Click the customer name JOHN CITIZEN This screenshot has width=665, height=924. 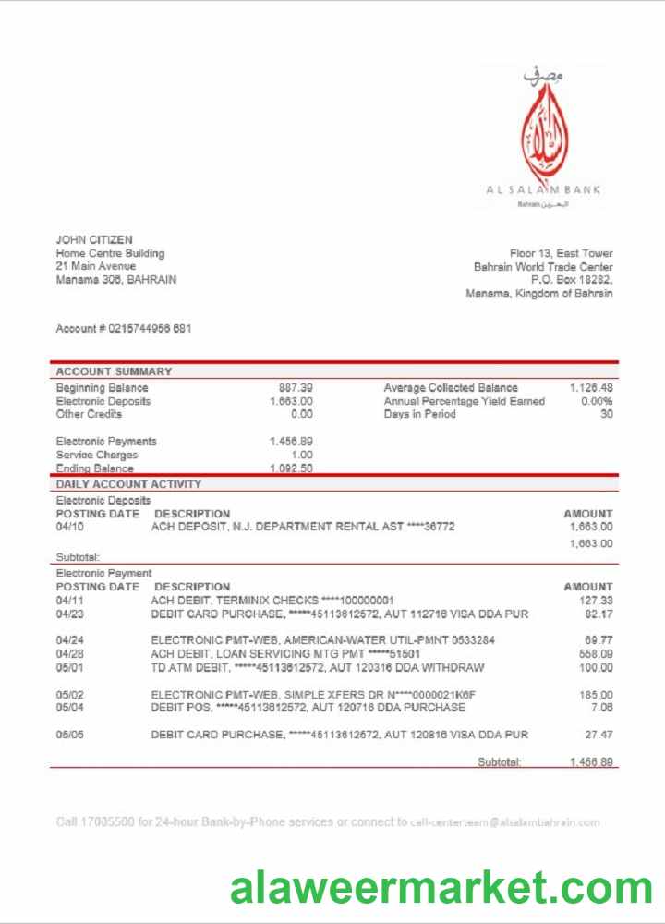[94, 240]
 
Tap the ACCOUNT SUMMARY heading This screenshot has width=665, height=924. [114, 371]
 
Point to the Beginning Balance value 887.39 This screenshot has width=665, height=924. [296, 388]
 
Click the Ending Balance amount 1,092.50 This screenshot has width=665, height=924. [291, 468]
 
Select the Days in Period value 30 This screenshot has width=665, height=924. [606, 415]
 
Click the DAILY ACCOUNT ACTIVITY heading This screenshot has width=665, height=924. [128, 484]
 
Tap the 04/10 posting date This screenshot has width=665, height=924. [69, 527]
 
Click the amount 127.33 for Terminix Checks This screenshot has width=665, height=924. [596, 600]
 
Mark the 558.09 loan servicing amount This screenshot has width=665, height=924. [596, 653]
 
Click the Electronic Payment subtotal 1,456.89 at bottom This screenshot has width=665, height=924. [591, 761]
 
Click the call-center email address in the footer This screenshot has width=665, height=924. [505, 821]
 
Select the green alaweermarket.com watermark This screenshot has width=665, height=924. [441, 888]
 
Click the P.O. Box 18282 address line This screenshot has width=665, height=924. [571, 279]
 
